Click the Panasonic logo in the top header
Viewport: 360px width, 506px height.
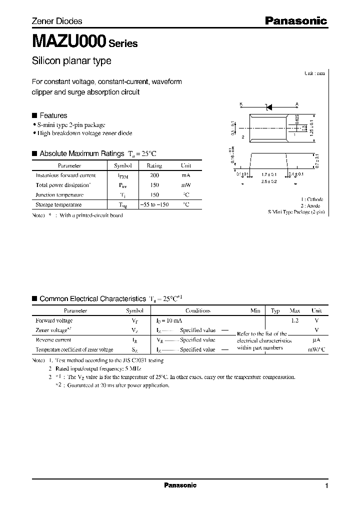[x=295, y=21]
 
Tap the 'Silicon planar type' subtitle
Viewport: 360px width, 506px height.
[x=71, y=61]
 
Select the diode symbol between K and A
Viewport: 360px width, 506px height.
[x=268, y=106]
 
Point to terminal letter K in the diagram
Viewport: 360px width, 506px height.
[x=240, y=104]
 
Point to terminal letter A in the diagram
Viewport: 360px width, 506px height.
[x=297, y=104]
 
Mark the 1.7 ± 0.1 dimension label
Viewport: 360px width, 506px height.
[x=268, y=174]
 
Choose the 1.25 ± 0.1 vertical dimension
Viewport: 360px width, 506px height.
[x=311, y=128]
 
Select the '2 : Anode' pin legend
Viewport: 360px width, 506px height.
[x=313, y=205]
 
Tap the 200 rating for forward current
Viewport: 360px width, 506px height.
[x=154, y=175]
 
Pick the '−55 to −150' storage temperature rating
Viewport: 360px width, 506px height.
[x=154, y=204]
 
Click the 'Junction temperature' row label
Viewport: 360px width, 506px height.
[x=59, y=195]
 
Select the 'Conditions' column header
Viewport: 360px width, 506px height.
[x=198, y=310]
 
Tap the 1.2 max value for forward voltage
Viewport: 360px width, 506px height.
[x=295, y=320]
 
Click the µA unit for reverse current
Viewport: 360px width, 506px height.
[x=316, y=340]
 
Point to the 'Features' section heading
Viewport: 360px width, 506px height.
[x=53, y=115]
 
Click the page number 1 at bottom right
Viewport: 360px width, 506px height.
[x=326, y=485]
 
